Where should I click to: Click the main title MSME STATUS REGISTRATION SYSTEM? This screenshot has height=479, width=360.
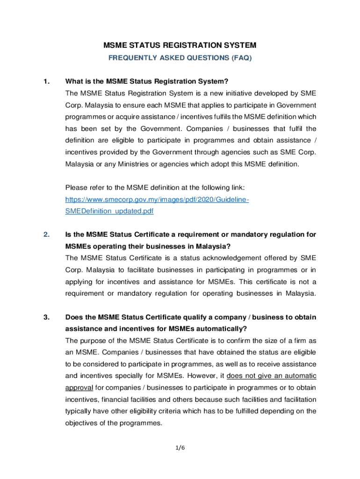tap(180, 45)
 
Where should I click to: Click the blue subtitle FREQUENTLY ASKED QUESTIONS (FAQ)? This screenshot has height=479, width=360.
tap(180, 58)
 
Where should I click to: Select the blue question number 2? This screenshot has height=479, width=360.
tap(46, 234)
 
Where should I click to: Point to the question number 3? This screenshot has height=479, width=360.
tap(46, 317)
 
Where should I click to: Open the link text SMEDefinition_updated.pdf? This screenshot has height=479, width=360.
tap(109, 211)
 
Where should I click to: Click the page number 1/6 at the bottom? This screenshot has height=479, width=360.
tap(180, 448)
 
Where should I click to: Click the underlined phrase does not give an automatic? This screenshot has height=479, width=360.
tap(271, 376)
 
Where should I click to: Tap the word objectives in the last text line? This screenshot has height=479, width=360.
tap(83, 423)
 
